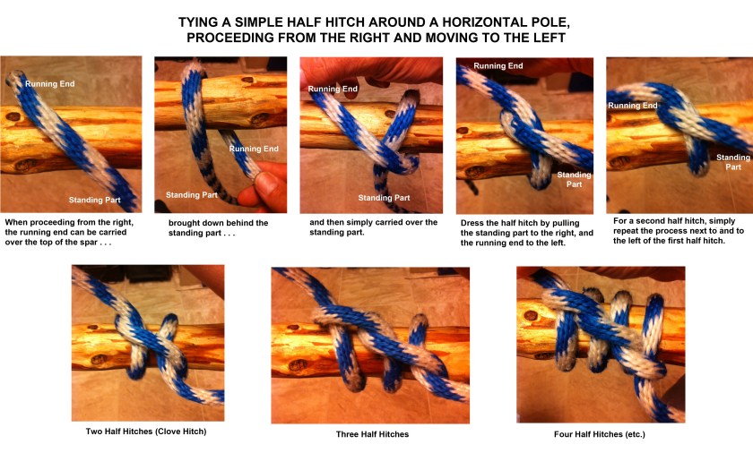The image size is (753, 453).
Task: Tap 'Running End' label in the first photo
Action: (48, 83)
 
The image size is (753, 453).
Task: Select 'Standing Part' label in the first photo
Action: (95, 200)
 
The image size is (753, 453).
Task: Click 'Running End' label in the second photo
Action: (254, 148)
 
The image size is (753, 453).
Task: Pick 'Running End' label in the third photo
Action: (333, 89)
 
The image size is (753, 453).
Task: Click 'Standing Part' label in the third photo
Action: (385, 198)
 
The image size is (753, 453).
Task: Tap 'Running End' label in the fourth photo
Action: (498, 66)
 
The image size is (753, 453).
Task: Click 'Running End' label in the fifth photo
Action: (632, 106)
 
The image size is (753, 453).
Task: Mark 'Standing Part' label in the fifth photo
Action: (733, 162)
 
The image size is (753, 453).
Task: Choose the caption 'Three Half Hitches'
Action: (372, 434)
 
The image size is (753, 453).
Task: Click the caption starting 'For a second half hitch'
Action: (678, 231)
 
